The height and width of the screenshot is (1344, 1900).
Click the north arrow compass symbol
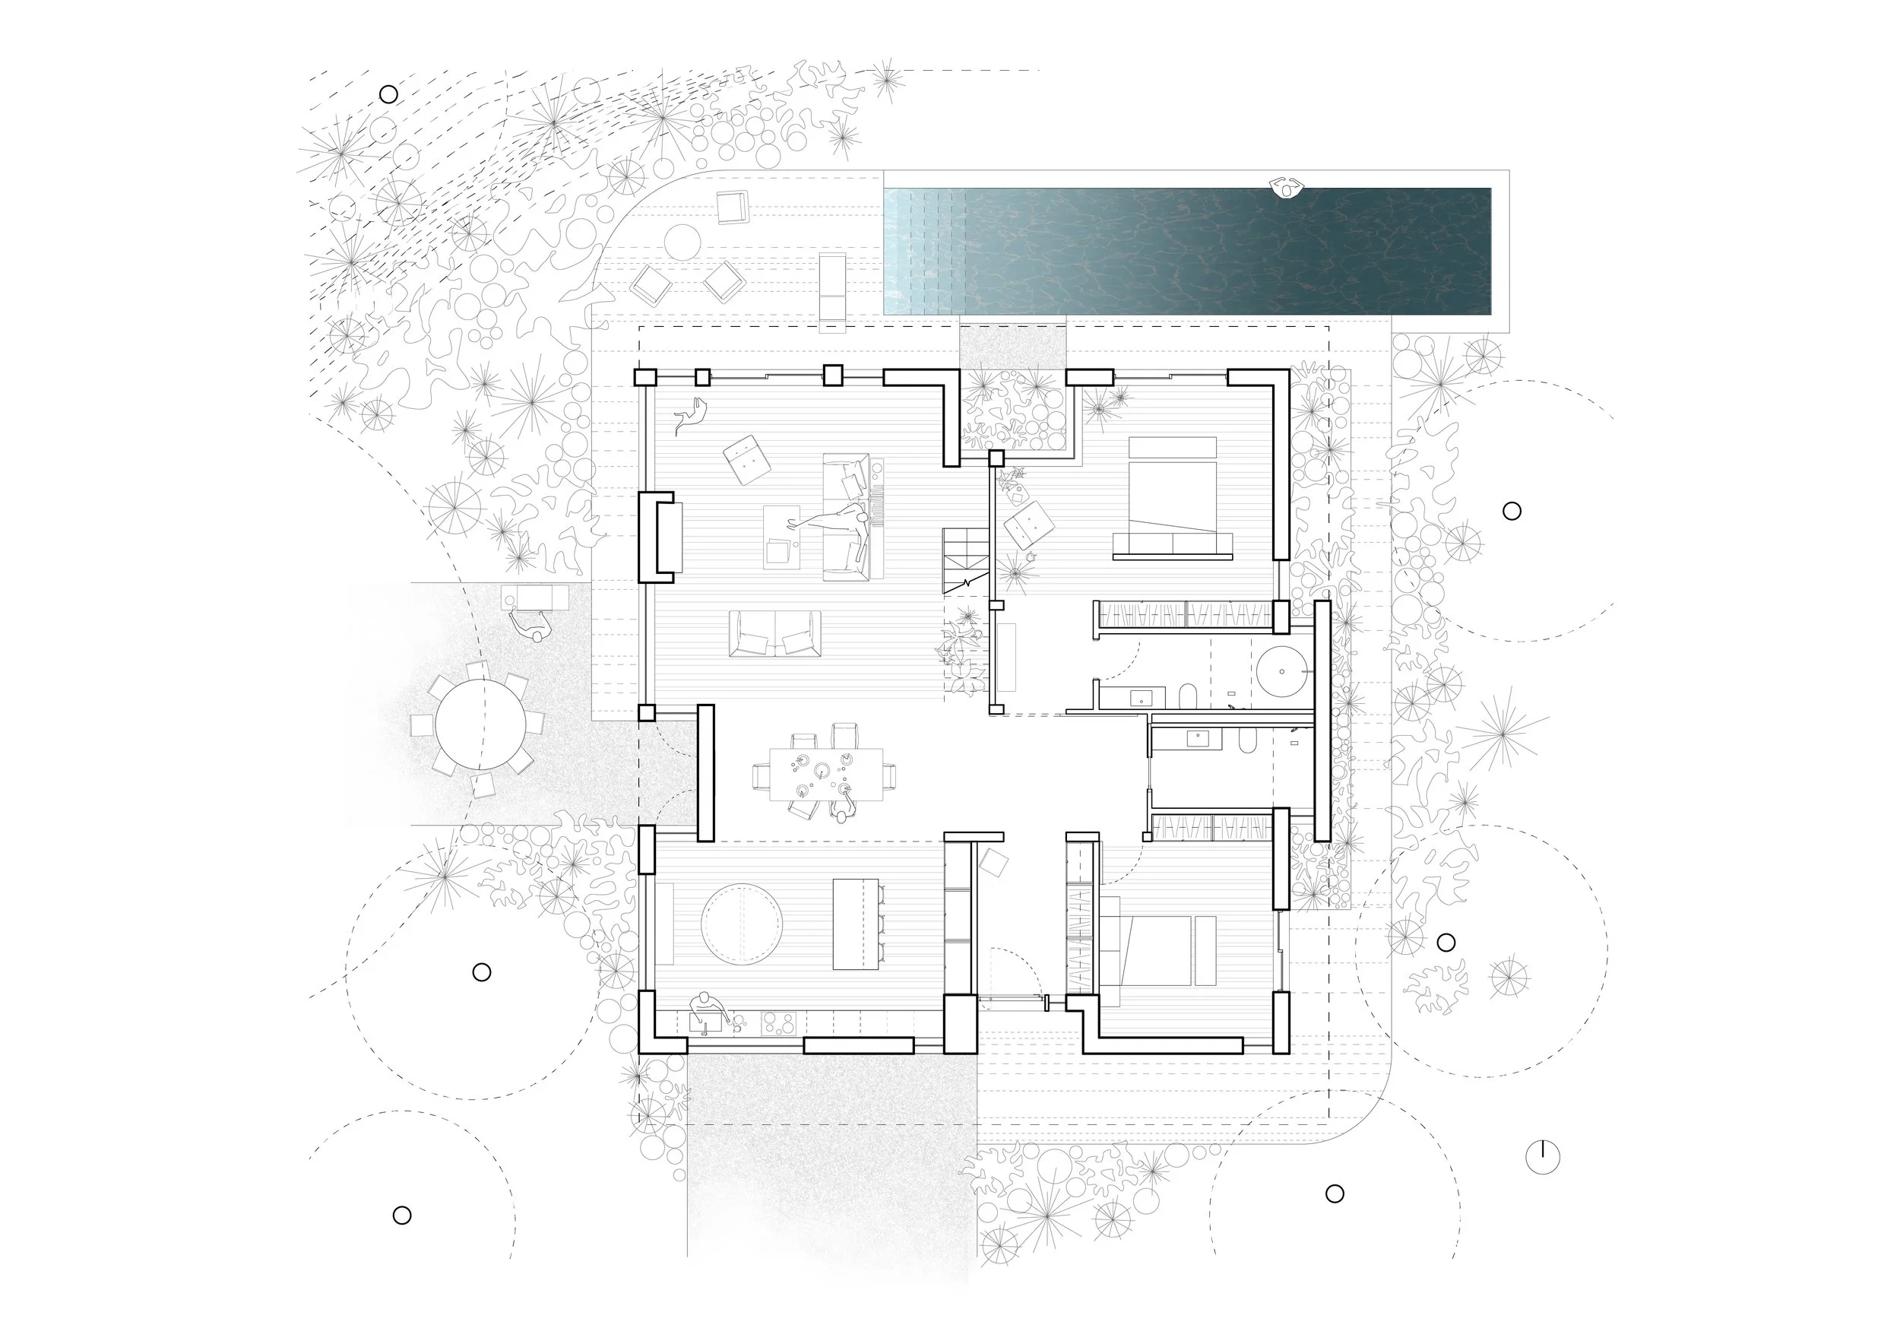tap(1543, 1156)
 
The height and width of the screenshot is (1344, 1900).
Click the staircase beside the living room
tap(965, 561)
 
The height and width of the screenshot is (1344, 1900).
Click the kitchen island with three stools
tap(855, 924)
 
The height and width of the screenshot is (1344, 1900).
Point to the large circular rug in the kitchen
tap(742, 924)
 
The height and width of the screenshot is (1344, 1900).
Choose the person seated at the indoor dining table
tap(841, 815)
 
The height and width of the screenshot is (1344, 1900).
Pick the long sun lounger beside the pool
tap(832, 288)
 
